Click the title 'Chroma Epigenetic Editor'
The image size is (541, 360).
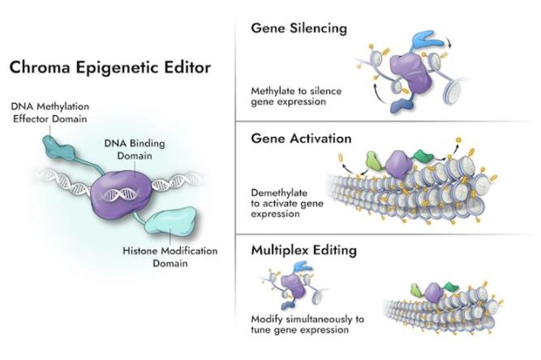[110, 67]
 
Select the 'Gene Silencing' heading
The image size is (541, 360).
[299, 28]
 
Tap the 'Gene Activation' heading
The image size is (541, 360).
[301, 138]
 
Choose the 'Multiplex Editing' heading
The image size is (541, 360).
[304, 250]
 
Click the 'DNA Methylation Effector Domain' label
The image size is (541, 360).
[50, 112]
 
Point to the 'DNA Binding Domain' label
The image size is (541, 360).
[134, 150]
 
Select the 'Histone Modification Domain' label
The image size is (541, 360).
[170, 257]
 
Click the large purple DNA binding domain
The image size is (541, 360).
[120, 195]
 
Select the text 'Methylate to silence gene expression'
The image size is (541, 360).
[296, 96]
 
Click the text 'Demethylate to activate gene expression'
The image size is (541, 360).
[287, 203]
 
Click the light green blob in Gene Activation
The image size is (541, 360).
[374, 161]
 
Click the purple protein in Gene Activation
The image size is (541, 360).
[399, 164]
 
